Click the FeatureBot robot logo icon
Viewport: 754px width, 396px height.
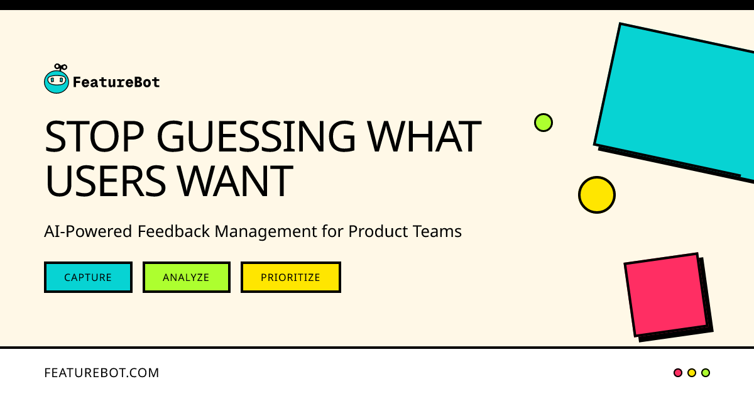(57, 80)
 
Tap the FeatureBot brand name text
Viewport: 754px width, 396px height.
(116, 82)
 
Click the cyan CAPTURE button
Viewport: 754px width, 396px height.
(88, 277)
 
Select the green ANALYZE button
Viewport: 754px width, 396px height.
(186, 277)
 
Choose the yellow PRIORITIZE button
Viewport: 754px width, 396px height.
(290, 277)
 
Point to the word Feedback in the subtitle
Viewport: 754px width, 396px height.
(174, 231)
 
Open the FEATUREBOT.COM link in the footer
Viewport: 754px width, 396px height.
(102, 373)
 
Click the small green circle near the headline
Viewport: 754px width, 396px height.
(544, 122)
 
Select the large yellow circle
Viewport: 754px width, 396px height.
(596, 195)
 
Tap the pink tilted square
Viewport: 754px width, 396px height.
(666, 294)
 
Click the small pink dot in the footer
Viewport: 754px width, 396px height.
(678, 373)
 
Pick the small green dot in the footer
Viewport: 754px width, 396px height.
(706, 373)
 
